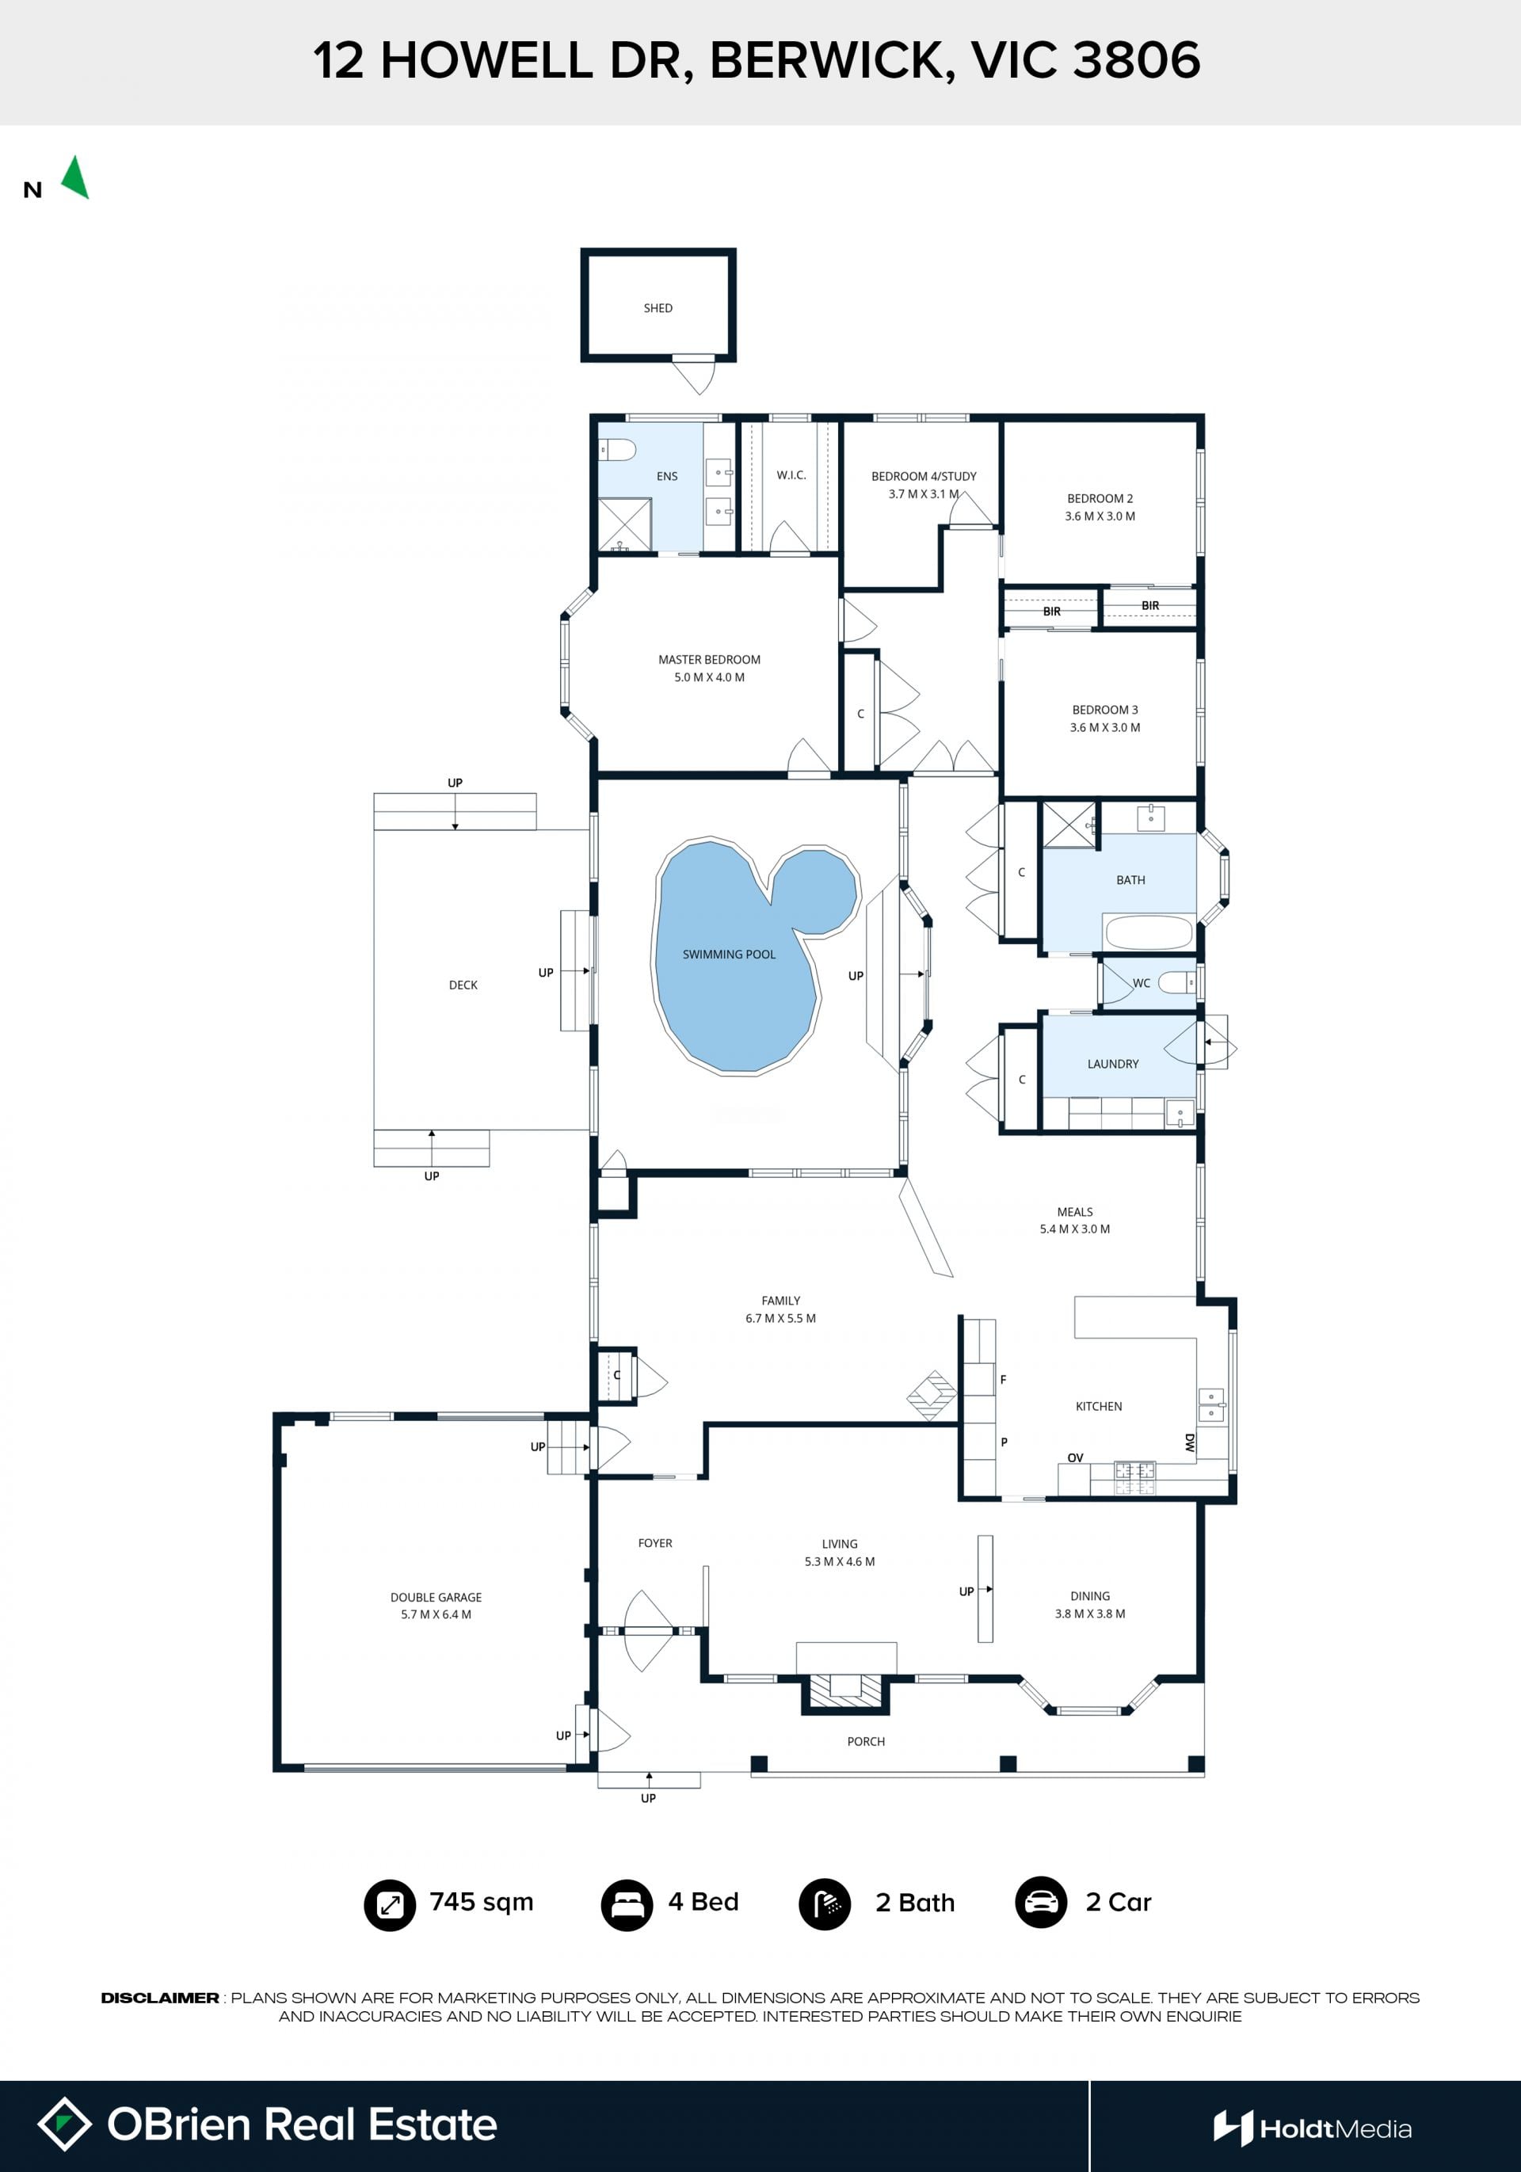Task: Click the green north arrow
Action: click(x=76, y=178)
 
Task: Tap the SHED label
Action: click(x=658, y=308)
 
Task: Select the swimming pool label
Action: click(x=730, y=955)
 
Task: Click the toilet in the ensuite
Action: click(x=617, y=450)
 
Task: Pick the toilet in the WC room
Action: click(x=1178, y=984)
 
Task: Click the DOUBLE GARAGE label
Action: click(x=436, y=1597)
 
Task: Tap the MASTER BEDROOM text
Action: click(x=710, y=659)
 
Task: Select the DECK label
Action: click(x=463, y=985)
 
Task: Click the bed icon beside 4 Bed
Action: click(x=627, y=1904)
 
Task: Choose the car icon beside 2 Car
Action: click(x=1042, y=1903)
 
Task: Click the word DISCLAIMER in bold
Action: click(x=160, y=1998)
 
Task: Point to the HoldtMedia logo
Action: click(x=1313, y=2128)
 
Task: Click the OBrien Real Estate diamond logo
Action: click(x=64, y=2124)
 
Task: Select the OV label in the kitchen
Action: click(x=1076, y=1458)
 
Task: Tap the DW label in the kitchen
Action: click(x=1190, y=1442)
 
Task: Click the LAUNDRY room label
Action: click(x=1113, y=1065)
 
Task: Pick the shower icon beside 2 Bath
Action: click(x=825, y=1904)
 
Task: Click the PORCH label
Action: click(x=867, y=1742)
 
